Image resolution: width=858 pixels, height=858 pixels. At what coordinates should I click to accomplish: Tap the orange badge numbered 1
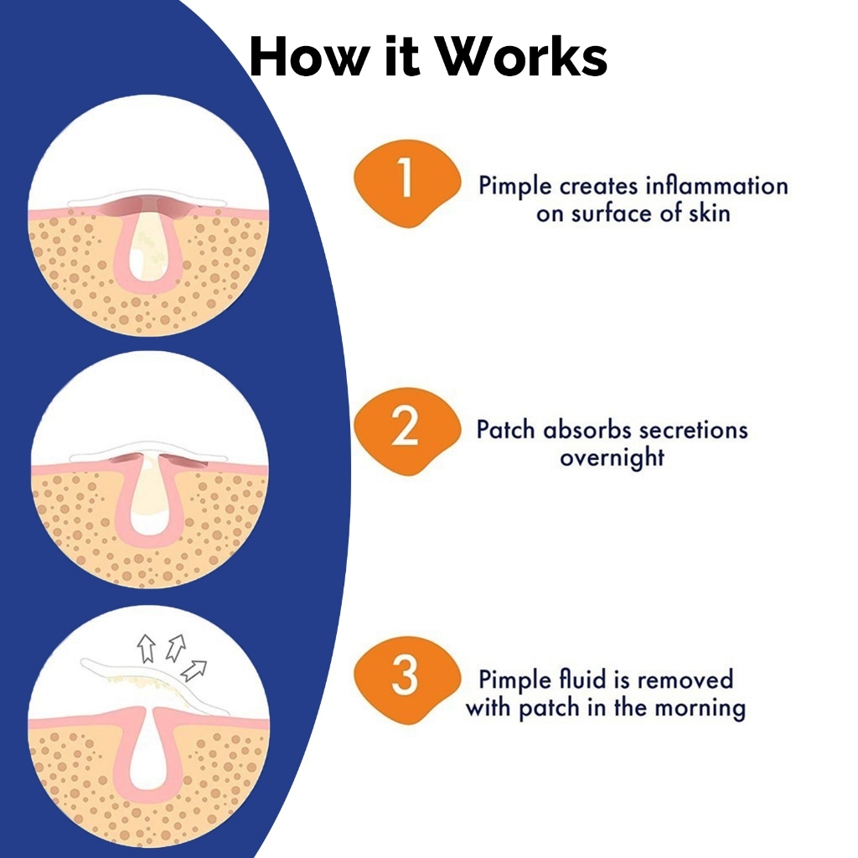click(x=406, y=183)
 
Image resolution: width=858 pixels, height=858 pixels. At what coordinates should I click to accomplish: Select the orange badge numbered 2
click(x=406, y=431)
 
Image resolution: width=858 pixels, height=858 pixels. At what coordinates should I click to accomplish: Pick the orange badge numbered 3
click(x=406, y=680)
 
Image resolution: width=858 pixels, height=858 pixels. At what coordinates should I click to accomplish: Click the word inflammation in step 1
click(x=717, y=185)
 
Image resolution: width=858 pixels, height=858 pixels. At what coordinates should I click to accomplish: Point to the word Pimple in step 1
click(x=515, y=187)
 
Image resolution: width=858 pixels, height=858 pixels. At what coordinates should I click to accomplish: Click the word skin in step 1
click(x=709, y=213)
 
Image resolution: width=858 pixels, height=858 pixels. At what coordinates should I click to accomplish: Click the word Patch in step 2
click(x=505, y=430)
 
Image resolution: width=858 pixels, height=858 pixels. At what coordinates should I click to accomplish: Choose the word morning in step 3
click(x=700, y=708)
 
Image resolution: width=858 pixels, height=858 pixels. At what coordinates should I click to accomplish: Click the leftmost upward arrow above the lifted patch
click(x=146, y=649)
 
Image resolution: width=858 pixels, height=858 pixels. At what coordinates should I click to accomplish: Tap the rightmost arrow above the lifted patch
click(x=194, y=671)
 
